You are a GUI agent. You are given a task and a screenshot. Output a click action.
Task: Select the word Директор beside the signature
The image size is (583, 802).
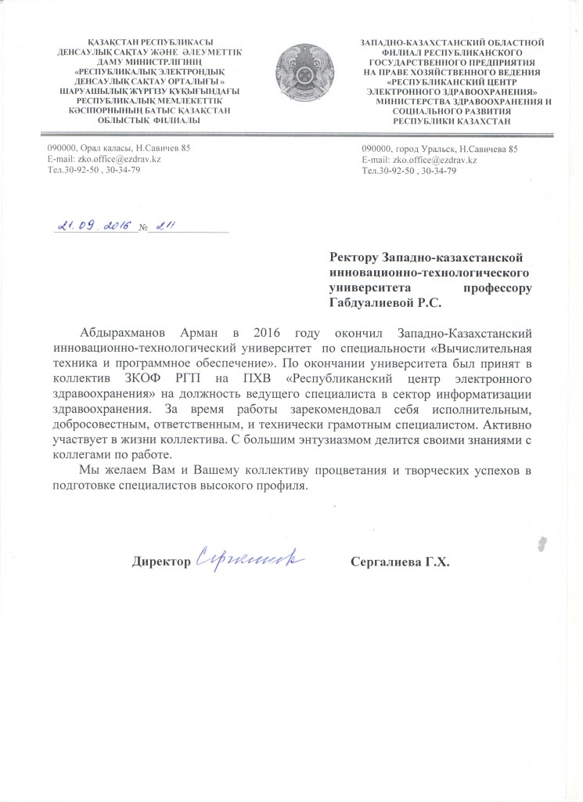click(161, 562)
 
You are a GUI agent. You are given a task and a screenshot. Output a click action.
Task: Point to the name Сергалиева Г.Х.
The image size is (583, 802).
click(401, 562)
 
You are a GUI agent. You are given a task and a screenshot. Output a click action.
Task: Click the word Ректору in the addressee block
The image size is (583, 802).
click(356, 258)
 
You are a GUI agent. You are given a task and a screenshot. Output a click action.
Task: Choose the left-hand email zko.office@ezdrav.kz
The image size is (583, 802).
click(105, 159)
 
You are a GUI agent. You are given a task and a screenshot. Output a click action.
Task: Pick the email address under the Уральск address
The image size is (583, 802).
click(419, 160)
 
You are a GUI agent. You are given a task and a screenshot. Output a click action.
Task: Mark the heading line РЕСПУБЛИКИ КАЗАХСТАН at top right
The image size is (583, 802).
click(451, 121)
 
